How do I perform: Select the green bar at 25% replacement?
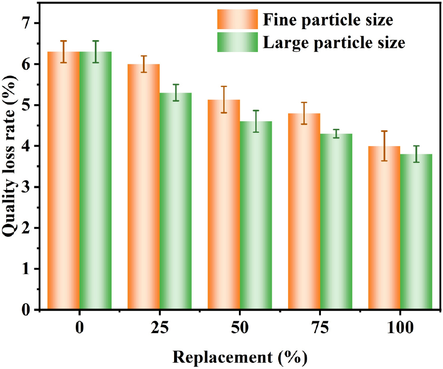pyautogui.click(x=175, y=200)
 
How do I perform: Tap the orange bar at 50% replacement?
pyautogui.click(x=224, y=205)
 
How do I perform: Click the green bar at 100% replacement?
pyautogui.click(x=416, y=232)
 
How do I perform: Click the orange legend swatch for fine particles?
pyautogui.click(x=237, y=20)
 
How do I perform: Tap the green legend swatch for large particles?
pyautogui.click(x=237, y=42)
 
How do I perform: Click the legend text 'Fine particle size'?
pyautogui.click(x=328, y=20)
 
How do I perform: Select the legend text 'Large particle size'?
pyautogui.click(x=334, y=43)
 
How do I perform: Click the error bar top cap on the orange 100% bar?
pyautogui.click(x=384, y=131)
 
